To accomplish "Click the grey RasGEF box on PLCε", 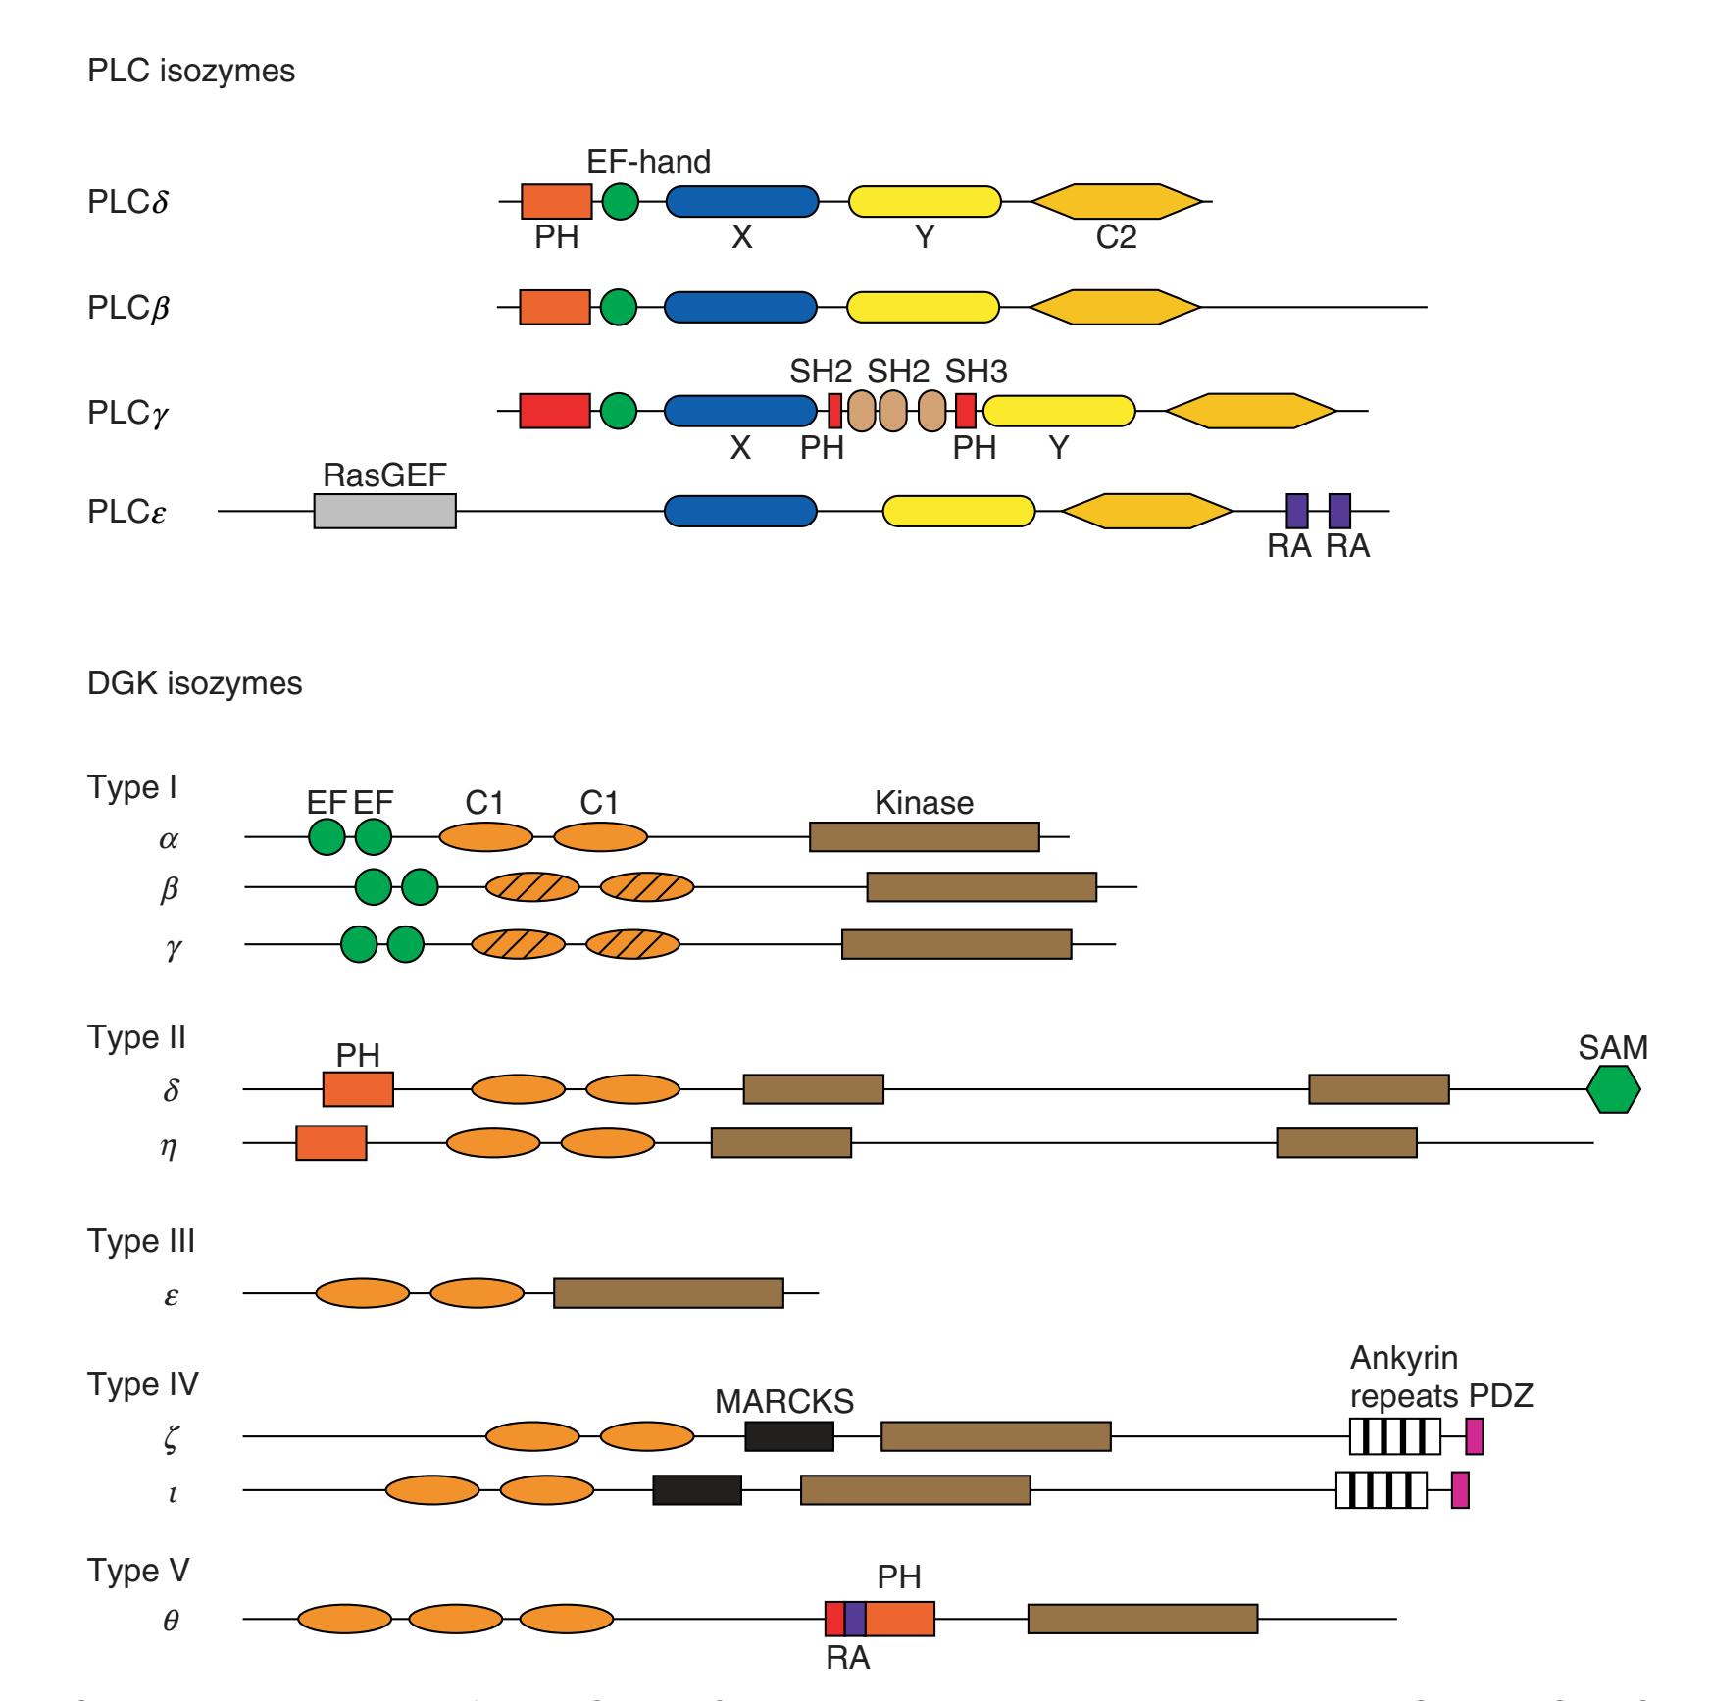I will click(384, 511).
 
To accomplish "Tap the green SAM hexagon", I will click(1613, 1089).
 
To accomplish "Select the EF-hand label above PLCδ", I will click(648, 161).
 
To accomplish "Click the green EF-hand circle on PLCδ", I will click(619, 202).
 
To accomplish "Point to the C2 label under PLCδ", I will click(1116, 237).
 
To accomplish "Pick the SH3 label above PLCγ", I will click(976, 373).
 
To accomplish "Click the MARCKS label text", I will click(784, 1402).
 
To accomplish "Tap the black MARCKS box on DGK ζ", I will click(789, 1436).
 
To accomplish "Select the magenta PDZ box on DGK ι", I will click(1460, 1490).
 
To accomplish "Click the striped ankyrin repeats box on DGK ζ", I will click(1395, 1436).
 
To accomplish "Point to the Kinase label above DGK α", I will click(924, 804).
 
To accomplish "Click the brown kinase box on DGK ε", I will click(668, 1293).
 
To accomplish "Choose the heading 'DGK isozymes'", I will click(195, 683).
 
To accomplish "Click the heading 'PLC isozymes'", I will click(191, 72).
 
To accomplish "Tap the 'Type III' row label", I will click(141, 1241).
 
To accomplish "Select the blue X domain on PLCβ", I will click(740, 308).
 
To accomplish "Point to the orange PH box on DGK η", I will click(331, 1143).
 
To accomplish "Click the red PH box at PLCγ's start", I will click(555, 411).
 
